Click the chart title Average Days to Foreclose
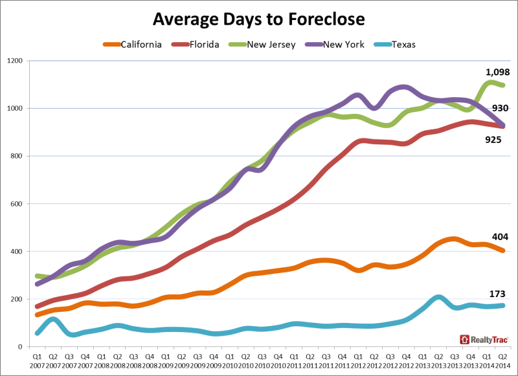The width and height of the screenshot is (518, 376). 258,19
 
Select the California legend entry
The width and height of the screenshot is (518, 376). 133,45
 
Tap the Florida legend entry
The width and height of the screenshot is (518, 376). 196,45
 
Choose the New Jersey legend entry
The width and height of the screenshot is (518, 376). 262,45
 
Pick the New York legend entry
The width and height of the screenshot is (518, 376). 335,45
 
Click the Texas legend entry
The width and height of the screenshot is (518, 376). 394,45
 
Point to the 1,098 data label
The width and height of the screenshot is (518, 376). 497,72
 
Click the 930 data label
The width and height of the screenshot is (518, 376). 500,108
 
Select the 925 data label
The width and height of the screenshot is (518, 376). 493,140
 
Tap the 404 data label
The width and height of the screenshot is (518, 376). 500,237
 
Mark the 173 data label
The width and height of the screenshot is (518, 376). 497,294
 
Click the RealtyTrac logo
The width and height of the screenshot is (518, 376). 484,339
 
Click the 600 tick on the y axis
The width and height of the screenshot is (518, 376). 17,204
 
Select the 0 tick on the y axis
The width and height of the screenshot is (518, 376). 21,347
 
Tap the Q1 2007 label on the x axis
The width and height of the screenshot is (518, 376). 37,361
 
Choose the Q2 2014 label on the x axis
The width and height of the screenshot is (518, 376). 502,361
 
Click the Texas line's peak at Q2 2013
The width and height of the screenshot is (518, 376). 438,298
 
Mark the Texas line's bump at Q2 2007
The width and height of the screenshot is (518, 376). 53,319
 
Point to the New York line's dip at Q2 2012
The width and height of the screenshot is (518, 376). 374,107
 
